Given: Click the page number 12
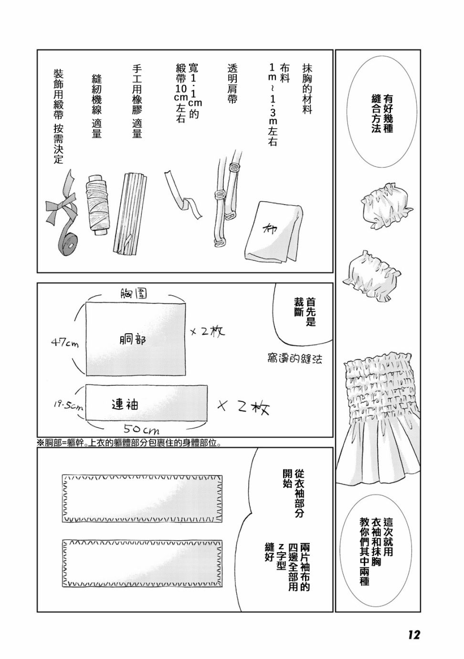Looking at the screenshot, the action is coord(413,635).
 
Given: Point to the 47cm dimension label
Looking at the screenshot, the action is coord(65,342).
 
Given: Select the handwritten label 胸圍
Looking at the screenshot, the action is coord(133,294).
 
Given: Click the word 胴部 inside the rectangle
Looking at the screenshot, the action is coord(133,340).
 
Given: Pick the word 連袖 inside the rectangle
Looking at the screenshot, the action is coord(125,404).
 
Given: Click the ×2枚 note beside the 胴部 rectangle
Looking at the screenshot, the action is coord(208,331).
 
